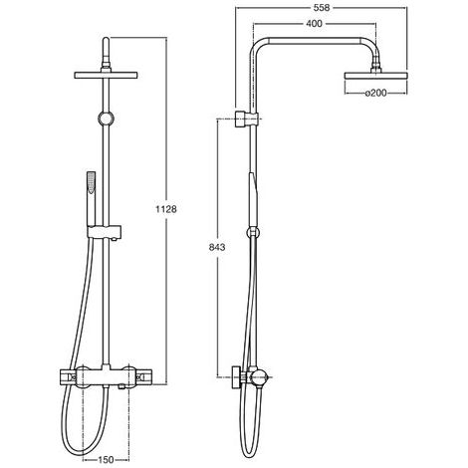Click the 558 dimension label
(322, 8)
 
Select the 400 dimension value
(314, 24)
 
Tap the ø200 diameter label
(376, 94)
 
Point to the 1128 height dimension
(166, 209)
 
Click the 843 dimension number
(217, 247)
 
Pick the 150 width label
(106, 460)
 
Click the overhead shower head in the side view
(376, 76)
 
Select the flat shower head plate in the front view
(106, 75)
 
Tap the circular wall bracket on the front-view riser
(107, 117)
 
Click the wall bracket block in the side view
(242, 118)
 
